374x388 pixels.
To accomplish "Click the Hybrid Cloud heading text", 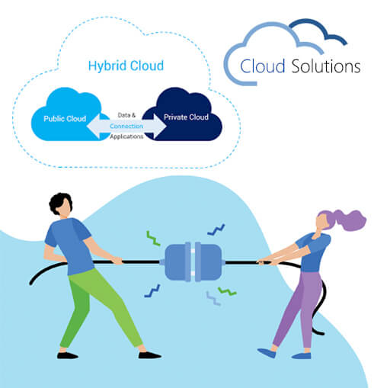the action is point(126,66).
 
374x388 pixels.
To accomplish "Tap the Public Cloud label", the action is point(65,119).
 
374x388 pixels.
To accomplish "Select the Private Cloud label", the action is point(186,117).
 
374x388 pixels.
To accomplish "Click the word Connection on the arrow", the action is point(126,126).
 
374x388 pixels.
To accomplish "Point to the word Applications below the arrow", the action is point(126,136).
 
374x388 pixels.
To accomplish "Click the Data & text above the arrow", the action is point(126,115).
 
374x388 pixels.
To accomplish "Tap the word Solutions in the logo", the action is point(326,66).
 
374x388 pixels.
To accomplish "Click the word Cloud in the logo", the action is point(262,66).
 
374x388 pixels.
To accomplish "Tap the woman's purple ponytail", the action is point(349,220).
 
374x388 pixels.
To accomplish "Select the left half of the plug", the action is point(177,262).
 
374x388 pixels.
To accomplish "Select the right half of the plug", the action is point(208,262).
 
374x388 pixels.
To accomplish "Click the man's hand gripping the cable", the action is point(117,261).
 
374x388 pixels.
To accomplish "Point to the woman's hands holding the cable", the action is point(265,261).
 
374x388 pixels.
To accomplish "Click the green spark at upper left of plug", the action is point(153,239).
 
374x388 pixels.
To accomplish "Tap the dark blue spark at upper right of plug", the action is point(216,230).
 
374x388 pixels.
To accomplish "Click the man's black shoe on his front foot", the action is point(150,354).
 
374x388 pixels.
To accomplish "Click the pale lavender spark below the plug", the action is point(213,298).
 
